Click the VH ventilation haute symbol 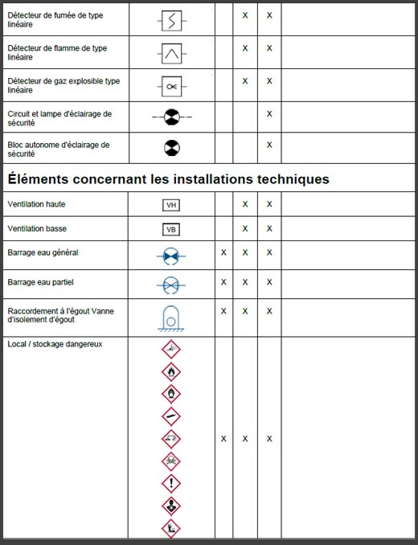click(171, 205)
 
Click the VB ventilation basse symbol click(171, 229)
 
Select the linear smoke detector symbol click(171, 16)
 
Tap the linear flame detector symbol click(171, 53)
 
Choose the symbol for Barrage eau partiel click(171, 285)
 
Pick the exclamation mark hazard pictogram click(171, 483)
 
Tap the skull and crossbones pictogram click(171, 461)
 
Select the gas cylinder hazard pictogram click(171, 416)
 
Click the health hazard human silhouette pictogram click(171, 506)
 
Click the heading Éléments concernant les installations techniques click(168, 179)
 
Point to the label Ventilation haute click(37, 204)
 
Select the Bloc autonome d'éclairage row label click(58, 149)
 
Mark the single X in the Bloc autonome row click(269, 145)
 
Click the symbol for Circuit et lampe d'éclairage click(171, 118)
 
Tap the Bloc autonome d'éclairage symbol click(171, 148)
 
